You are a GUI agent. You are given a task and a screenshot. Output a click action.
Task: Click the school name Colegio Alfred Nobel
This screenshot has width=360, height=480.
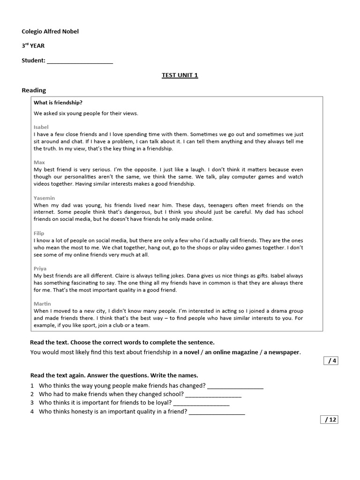(x=50, y=31)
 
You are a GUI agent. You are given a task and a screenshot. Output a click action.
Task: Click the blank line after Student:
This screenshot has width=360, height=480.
(x=80, y=61)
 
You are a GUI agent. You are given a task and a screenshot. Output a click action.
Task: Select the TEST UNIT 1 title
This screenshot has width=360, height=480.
(x=180, y=75)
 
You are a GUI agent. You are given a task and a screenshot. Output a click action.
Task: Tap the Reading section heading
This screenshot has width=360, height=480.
(x=34, y=90)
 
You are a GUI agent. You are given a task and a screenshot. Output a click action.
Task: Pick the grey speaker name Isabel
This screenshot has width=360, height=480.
(x=41, y=127)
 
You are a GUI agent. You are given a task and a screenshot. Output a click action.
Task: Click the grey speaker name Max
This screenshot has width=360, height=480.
(x=39, y=162)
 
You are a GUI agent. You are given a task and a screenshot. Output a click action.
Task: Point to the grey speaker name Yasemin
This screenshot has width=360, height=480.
(x=44, y=198)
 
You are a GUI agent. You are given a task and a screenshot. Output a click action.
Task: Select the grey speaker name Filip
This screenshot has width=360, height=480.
(x=39, y=233)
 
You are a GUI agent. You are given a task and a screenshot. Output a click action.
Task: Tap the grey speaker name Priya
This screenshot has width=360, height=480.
(x=40, y=269)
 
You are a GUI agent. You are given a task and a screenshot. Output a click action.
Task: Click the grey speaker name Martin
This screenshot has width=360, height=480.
(x=42, y=304)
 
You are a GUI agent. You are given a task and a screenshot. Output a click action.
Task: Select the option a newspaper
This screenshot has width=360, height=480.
(x=281, y=352)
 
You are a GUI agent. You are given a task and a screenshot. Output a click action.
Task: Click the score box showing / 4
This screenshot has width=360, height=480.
(x=330, y=360)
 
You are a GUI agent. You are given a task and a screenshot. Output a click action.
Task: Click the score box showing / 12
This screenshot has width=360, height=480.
(x=329, y=420)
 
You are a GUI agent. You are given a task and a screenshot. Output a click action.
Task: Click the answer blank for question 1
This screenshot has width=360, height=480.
(x=235, y=387)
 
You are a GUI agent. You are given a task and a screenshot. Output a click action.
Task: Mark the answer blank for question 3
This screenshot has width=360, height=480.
(x=201, y=404)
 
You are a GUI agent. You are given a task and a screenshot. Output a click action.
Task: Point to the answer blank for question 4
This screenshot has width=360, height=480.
(x=217, y=412)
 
